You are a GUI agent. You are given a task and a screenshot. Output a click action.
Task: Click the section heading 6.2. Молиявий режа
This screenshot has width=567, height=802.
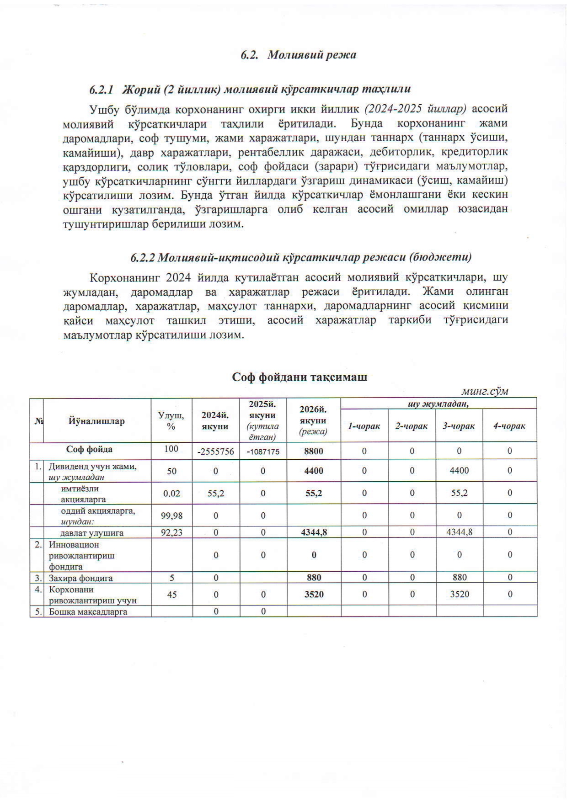click(x=298, y=55)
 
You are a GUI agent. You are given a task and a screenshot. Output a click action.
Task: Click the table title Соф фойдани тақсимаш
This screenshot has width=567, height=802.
click(x=300, y=377)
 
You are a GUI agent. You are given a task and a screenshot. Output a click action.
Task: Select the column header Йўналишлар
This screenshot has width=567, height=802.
click(x=96, y=421)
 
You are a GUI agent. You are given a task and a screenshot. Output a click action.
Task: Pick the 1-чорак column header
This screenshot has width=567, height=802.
click(x=364, y=426)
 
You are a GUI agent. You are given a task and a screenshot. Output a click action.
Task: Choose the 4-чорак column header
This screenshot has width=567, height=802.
click(x=509, y=426)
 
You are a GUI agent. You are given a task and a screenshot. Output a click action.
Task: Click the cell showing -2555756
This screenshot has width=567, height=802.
click(x=215, y=451)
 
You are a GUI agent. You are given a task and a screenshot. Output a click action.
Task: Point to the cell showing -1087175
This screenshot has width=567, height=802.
click(x=263, y=451)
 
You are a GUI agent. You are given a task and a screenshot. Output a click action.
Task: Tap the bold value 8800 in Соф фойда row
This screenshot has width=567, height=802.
click(x=314, y=451)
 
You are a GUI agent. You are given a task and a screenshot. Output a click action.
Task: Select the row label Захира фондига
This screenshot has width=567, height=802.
click(x=80, y=578)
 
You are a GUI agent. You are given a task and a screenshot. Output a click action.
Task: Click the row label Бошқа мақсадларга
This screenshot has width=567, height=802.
click(x=88, y=611)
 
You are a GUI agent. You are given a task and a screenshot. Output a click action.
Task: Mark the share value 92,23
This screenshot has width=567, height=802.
click(x=171, y=532)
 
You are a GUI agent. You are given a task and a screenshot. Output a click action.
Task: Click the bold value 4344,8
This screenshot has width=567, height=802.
click(x=314, y=532)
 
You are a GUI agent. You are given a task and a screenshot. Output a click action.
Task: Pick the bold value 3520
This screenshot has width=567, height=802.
click(x=314, y=594)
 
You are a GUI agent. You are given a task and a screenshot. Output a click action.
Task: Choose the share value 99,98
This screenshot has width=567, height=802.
click(x=171, y=515)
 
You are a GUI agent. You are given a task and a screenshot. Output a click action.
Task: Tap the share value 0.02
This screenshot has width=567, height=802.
click(x=171, y=493)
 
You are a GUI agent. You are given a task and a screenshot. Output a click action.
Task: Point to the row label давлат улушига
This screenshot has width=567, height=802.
click(x=91, y=533)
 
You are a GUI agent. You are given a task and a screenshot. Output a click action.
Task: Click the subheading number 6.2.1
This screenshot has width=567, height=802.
click(x=101, y=89)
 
